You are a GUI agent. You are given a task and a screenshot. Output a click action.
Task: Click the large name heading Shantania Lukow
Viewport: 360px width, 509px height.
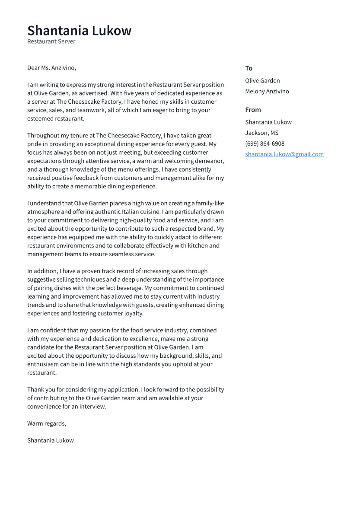pos(79,31)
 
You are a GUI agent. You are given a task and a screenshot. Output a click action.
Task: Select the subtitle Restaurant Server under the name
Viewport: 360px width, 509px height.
pos(51,41)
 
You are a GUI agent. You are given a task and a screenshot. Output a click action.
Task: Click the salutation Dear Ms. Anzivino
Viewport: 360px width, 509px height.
pos(51,68)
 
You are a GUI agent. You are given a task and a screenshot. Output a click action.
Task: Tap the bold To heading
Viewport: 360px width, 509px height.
pos(248,68)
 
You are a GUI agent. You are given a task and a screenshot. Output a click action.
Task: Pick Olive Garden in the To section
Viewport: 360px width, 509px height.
pos(262,81)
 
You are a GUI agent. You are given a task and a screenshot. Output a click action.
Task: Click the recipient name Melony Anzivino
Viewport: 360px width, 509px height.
pos(267,92)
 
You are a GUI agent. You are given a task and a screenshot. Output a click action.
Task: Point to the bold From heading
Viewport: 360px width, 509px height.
pos(253,110)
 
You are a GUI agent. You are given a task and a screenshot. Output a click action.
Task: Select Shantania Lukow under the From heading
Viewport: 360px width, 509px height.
pos(268,122)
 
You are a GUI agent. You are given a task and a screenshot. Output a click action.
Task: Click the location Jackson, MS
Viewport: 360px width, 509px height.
pos(261,133)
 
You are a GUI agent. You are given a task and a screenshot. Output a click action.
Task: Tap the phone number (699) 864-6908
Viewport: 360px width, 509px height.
pos(264,143)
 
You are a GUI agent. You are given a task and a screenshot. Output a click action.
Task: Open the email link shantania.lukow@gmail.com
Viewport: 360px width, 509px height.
pos(284,154)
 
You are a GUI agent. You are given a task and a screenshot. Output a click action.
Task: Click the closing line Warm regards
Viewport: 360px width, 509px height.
pos(47,423)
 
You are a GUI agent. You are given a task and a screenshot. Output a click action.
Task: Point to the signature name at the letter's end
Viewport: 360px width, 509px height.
pos(50,440)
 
